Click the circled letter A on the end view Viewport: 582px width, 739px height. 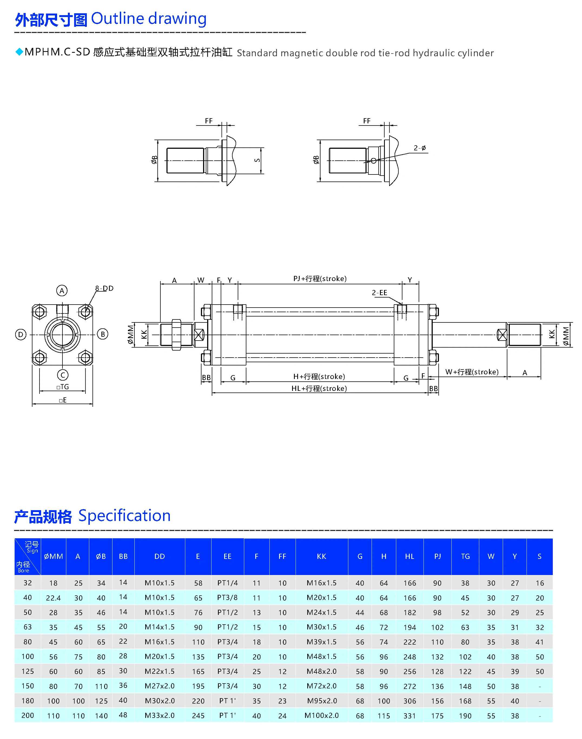pyautogui.click(x=62, y=291)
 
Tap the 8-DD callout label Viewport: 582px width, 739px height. pyautogui.click(x=104, y=288)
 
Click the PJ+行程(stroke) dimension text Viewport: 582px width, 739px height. pyautogui.click(x=320, y=279)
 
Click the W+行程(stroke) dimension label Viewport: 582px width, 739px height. pyautogui.click(x=472, y=372)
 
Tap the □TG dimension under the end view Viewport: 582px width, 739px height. pyautogui.click(x=63, y=387)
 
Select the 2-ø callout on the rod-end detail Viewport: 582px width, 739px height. pyautogui.click(x=419, y=148)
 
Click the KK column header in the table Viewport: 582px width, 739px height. pyautogui.click(x=321, y=556)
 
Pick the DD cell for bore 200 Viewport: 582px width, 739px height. pyautogui.click(x=160, y=715)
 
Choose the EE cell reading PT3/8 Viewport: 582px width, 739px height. pyautogui.click(x=227, y=598)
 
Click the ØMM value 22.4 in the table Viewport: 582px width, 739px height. pyautogui.click(x=53, y=598)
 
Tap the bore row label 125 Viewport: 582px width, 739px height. pyautogui.click(x=28, y=671)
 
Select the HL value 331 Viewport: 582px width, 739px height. pyautogui.click(x=409, y=716)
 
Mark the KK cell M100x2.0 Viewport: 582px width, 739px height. pyautogui.click(x=321, y=715)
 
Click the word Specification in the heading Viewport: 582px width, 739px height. pyautogui.click(x=124, y=516)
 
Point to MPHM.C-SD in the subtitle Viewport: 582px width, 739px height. pyautogui.click(x=57, y=52)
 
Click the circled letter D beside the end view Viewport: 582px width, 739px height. pyautogui.click(x=21, y=334)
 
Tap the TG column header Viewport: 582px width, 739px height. pyautogui.click(x=465, y=556)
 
